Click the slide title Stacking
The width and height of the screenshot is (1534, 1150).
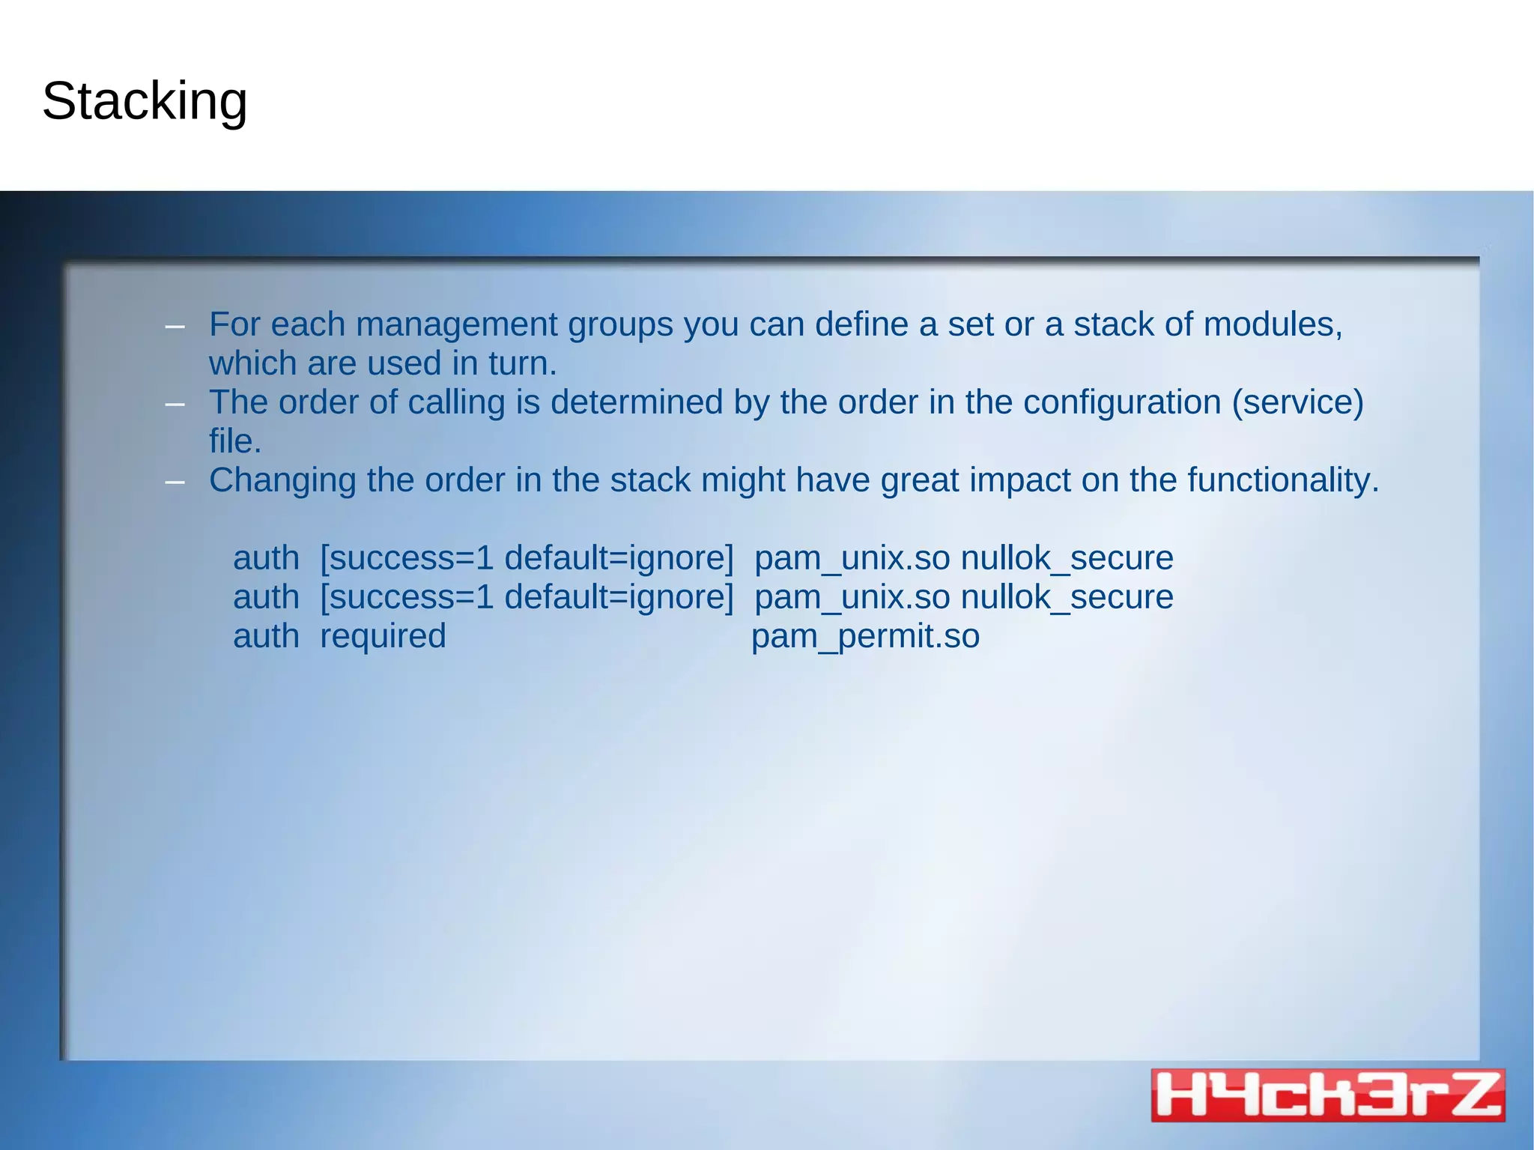(x=145, y=101)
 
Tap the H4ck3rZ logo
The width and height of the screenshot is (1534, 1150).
(x=1327, y=1095)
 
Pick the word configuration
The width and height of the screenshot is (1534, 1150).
(x=1122, y=402)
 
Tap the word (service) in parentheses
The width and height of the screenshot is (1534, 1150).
(x=1297, y=402)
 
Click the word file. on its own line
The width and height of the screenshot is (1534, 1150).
(x=235, y=441)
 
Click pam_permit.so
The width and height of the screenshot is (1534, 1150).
(x=865, y=636)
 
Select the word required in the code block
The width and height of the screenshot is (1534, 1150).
(x=383, y=636)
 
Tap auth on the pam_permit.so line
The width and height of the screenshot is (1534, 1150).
(x=266, y=636)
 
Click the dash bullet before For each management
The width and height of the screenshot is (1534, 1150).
(x=175, y=326)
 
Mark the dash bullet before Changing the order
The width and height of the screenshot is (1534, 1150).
(x=175, y=482)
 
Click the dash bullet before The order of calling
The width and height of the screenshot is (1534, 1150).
(x=175, y=404)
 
